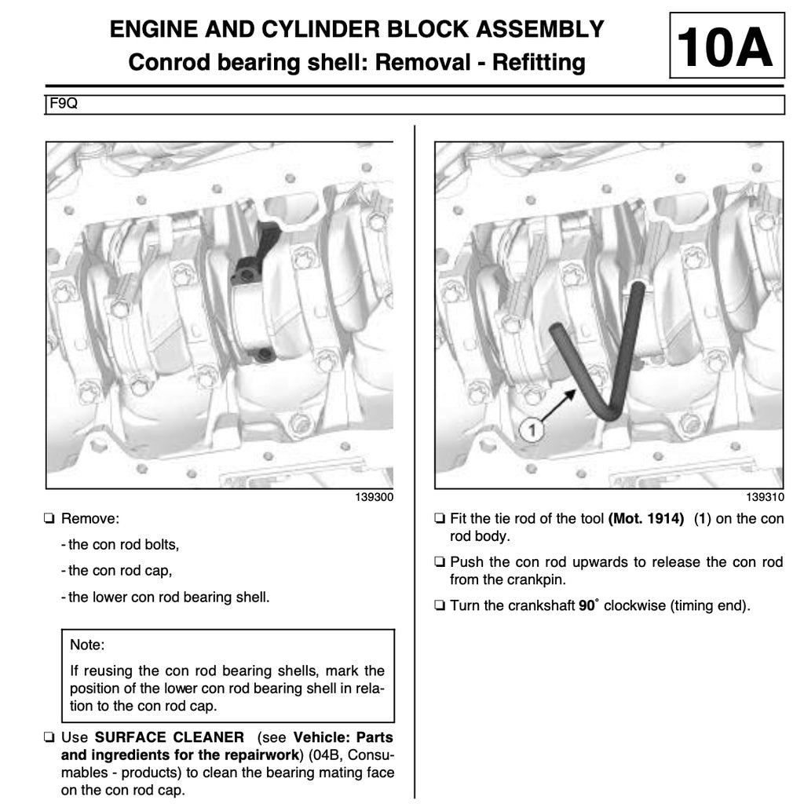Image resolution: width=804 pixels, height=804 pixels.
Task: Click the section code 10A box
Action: [726, 46]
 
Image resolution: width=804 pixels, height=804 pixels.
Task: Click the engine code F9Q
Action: [63, 104]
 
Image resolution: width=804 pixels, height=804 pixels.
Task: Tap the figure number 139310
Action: [764, 497]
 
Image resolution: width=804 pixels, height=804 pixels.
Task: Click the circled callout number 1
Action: [532, 429]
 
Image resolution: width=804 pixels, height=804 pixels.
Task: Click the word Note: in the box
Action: [87, 645]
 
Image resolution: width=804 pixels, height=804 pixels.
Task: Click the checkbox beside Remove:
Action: [50, 519]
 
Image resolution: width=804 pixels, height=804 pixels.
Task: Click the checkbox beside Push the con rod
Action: [439, 562]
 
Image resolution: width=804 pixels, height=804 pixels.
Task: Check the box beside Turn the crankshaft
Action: [439, 606]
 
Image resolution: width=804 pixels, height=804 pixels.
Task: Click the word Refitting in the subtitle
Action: [539, 61]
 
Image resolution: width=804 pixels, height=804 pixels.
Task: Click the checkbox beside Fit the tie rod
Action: [439, 519]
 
